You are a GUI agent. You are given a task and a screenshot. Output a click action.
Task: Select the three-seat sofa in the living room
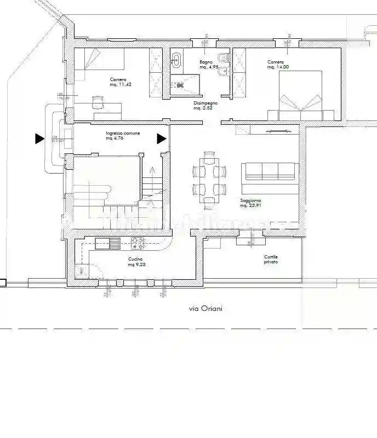[270, 172]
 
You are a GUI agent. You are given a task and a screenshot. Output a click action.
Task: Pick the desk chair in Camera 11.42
[97, 101]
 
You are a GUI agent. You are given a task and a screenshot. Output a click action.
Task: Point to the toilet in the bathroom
[220, 58]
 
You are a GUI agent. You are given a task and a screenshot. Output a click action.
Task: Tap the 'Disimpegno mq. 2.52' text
[205, 106]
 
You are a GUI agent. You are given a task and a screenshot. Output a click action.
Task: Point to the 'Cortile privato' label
[271, 260]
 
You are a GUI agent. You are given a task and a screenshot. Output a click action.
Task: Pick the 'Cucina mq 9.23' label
[137, 262]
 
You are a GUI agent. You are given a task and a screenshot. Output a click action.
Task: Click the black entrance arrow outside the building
[39, 139]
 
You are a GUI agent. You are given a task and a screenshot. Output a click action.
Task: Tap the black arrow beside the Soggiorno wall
[162, 139]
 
